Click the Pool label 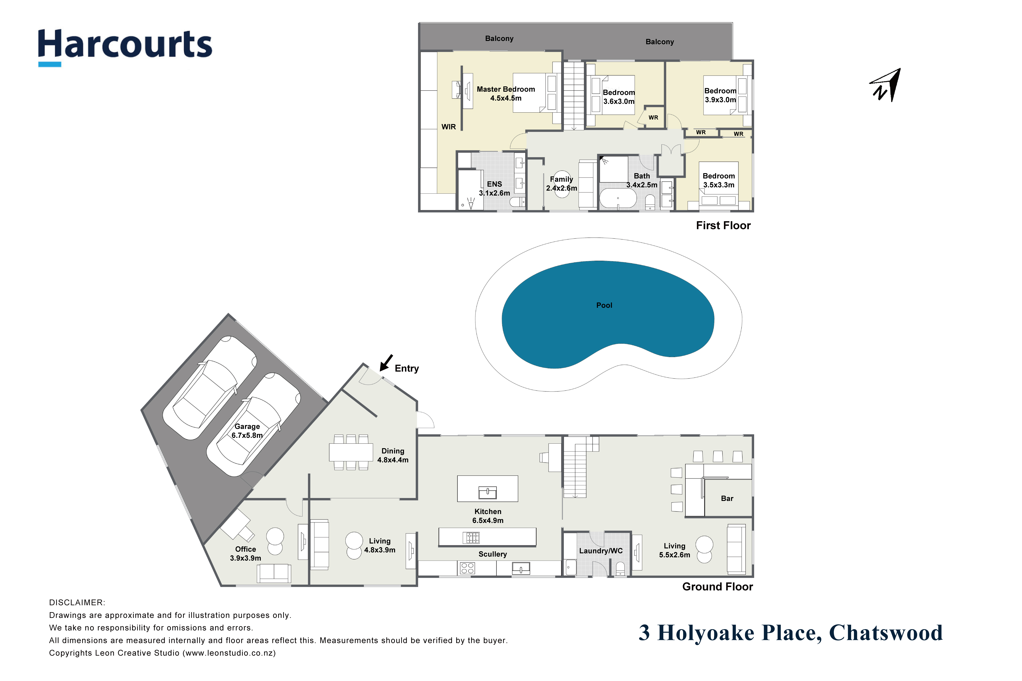(x=604, y=305)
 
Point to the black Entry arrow (x=386, y=363)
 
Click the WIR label (x=448, y=127)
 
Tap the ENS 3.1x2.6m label (x=494, y=188)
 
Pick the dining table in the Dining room (x=351, y=452)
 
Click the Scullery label (x=493, y=554)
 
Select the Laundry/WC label (x=601, y=551)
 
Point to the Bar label (x=727, y=499)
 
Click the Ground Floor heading (x=717, y=587)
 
